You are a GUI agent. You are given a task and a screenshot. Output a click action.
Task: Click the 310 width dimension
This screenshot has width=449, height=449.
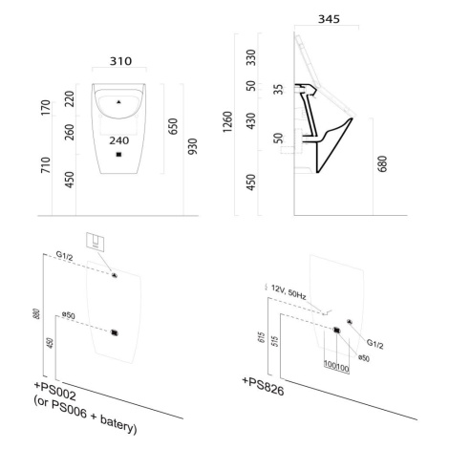120,61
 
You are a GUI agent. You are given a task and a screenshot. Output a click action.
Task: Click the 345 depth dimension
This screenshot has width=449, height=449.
329,19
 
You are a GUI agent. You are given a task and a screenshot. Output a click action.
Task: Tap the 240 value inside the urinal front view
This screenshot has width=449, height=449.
119,140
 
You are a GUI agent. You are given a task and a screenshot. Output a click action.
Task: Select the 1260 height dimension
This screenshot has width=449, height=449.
228,122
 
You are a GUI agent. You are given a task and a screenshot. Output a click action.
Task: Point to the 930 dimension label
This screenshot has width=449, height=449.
193,146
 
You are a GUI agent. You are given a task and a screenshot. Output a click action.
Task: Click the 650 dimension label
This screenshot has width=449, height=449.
173,126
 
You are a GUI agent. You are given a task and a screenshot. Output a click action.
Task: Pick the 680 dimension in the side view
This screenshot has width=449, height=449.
382,164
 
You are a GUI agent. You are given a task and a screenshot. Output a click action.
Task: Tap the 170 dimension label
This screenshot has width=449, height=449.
46,108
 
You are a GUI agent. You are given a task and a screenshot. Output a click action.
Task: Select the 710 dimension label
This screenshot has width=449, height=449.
46,165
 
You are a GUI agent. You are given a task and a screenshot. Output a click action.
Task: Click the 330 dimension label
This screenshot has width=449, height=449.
251,57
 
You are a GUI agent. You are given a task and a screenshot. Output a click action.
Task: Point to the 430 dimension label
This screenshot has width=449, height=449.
251,121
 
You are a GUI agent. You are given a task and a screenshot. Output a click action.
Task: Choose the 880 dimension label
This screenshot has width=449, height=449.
37,314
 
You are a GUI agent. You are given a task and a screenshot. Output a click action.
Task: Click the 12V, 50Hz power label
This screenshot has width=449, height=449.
289,292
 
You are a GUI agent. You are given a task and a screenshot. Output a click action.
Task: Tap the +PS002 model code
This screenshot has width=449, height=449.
55,392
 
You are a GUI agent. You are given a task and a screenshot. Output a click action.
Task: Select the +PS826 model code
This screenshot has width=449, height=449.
263,386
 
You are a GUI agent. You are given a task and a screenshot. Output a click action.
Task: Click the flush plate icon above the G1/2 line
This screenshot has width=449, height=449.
96,243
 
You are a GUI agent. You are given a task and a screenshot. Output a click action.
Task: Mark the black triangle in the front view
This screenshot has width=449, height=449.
118,102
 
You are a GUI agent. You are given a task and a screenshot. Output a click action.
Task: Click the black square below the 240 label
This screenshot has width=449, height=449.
118,155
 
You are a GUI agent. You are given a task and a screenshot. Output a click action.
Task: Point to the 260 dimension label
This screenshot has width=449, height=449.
70,132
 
